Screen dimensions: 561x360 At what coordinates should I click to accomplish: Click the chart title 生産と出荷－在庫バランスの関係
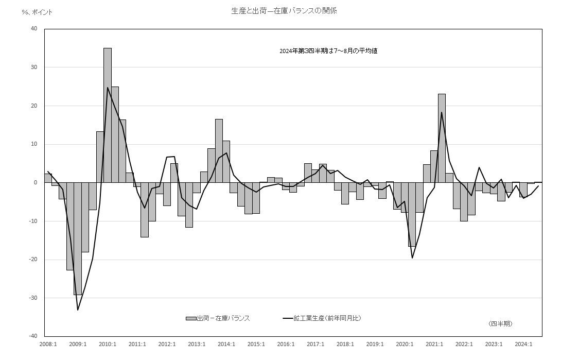tap(284, 11)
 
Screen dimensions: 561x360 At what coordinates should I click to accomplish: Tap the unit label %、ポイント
tap(37, 12)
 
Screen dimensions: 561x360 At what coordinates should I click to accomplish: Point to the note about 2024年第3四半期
tap(328, 51)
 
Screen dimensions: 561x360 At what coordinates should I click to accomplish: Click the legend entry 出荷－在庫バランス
tap(218, 318)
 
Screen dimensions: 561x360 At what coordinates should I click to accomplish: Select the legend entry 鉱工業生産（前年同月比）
tap(322, 318)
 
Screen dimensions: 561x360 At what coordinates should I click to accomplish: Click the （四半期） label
tap(500, 323)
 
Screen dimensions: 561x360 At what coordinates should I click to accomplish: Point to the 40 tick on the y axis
tap(34, 29)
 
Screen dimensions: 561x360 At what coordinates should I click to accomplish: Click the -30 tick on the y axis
tap(33, 298)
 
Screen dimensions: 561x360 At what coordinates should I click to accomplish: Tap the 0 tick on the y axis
tap(36, 182)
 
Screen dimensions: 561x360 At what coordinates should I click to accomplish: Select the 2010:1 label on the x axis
tap(108, 344)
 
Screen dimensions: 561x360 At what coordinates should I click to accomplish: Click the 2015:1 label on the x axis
tap(256, 344)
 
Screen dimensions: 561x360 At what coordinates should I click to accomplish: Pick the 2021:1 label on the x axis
tap(434, 344)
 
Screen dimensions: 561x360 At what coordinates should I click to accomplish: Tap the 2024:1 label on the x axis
tap(523, 344)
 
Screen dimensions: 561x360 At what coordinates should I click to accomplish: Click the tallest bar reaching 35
tap(108, 115)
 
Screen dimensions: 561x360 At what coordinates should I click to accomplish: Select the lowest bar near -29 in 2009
tap(78, 238)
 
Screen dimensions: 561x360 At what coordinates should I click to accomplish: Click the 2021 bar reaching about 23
tap(442, 138)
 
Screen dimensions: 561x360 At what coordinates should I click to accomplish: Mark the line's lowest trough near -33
tap(78, 310)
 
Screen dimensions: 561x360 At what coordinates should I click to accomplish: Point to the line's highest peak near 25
tap(108, 88)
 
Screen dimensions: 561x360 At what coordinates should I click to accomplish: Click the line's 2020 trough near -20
tap(412, 258)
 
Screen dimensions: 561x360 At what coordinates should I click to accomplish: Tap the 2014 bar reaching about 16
tap(219, 151)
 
